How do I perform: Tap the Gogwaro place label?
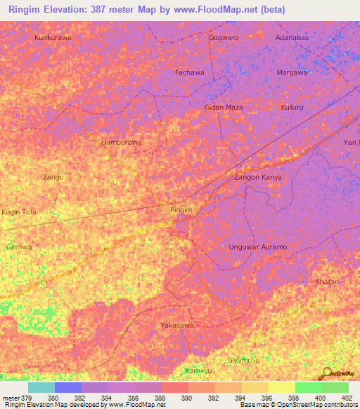224,36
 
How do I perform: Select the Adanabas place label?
292,36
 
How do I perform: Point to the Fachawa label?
190,72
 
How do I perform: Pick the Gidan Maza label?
224,107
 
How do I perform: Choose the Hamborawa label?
121,142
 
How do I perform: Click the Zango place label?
53,177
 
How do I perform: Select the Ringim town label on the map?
181,209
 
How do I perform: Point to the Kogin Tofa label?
19,212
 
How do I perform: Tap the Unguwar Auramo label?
258,247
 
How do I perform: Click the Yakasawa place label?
176,325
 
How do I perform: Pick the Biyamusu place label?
244,361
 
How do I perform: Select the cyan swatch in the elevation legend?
41,387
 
